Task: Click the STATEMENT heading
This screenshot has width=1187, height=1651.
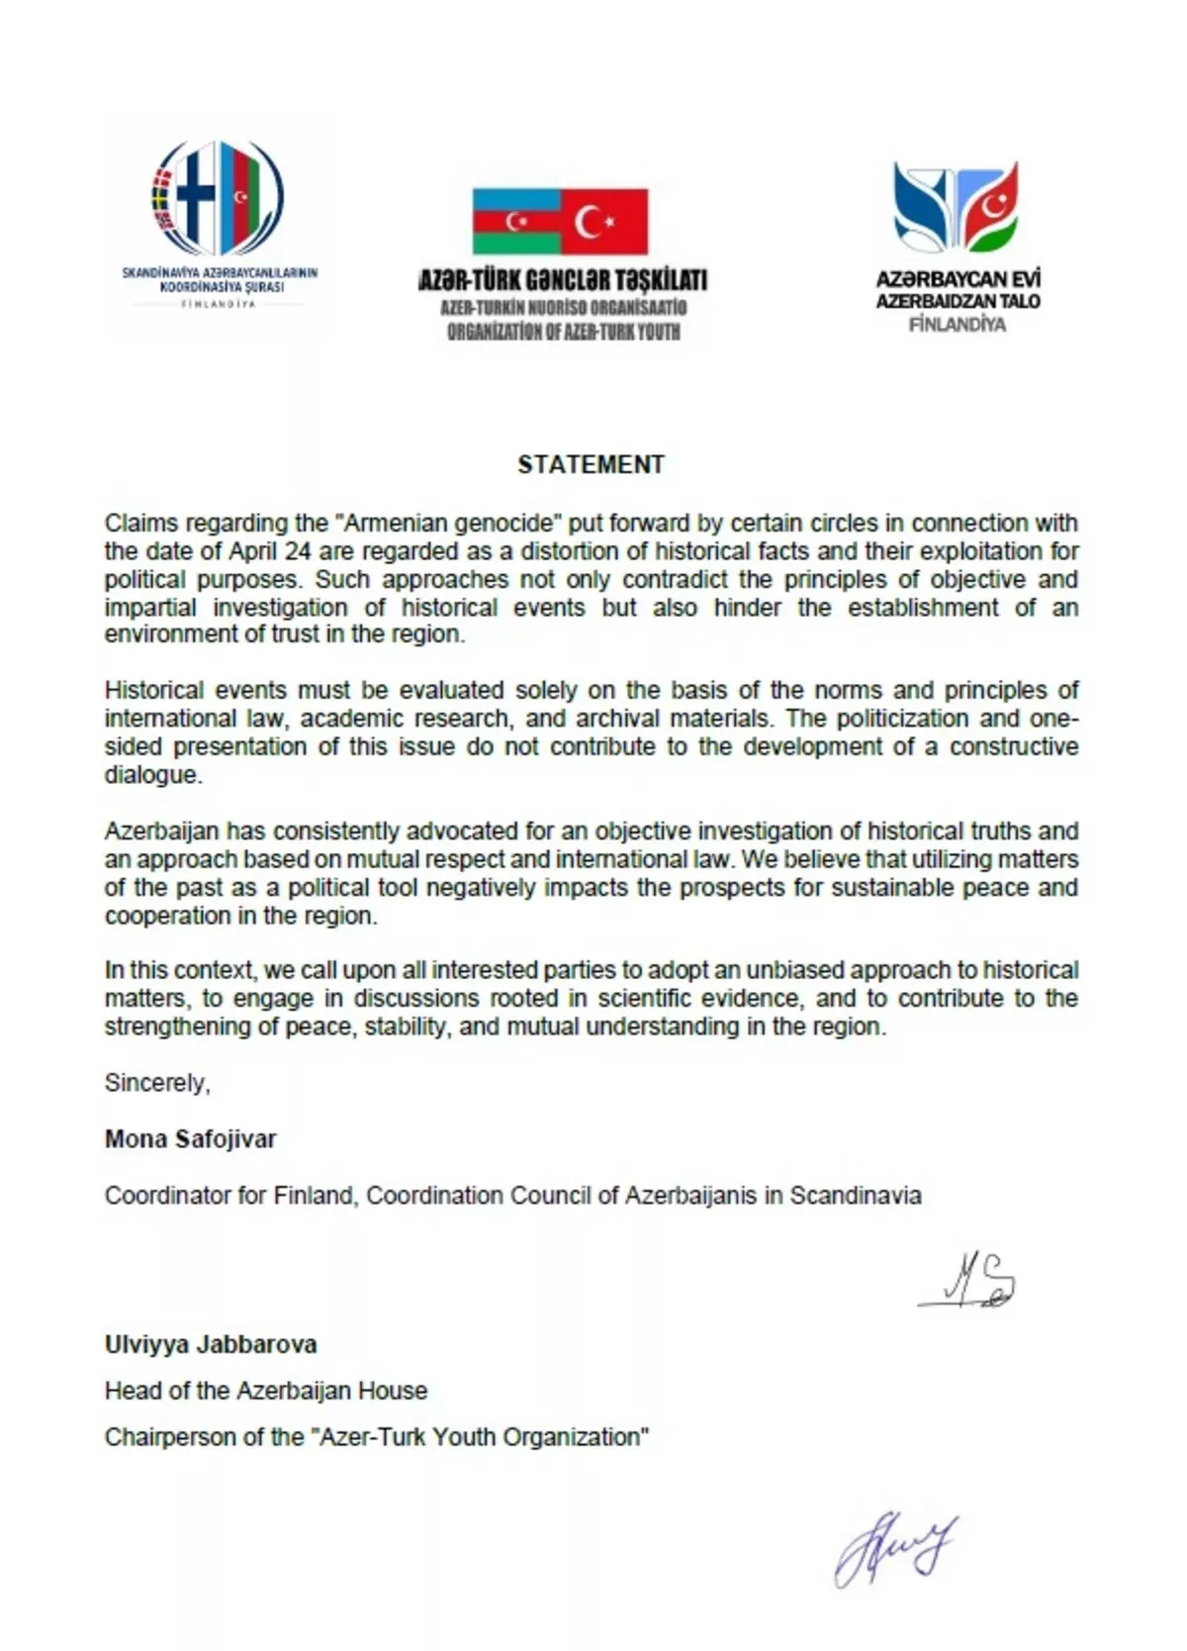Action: pos(591,464)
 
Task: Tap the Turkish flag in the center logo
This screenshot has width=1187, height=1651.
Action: pos(604,222)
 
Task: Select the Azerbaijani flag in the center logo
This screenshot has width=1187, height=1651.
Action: pos(516,222)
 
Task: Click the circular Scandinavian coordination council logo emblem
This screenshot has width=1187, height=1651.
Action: pos(219,198)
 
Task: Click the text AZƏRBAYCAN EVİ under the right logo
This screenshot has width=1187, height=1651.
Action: pos(958,280)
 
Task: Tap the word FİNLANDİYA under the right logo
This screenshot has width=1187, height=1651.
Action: pos(958,325)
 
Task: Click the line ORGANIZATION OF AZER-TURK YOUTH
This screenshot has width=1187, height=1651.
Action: pos(563,332)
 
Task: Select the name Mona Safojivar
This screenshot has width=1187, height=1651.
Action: pos(191,1138)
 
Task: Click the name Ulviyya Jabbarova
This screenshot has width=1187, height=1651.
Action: pos(211,1344)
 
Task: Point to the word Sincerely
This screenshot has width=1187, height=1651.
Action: pos(156,1083)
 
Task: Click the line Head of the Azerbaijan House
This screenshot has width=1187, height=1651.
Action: pos(266,1391)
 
